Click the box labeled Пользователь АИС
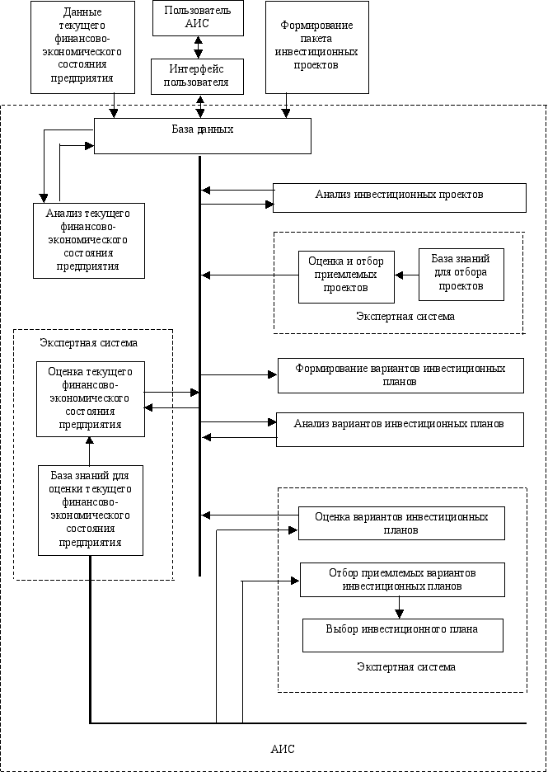[x=198, y=18]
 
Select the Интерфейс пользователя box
[x=198, y=77]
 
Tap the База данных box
[x=202, y=135]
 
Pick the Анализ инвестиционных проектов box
[x=399, y=197]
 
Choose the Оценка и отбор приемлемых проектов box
[x=346, y=276]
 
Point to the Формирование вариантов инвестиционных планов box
[x=400, y=375]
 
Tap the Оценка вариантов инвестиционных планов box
[x=401, y=523]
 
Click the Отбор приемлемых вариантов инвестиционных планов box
[x=402, y=579]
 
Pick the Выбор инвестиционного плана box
[x=402, y=634]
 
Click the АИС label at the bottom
[x=283, y=750]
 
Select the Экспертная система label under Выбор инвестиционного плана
[x=409, y=667]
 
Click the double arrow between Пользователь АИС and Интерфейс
[x=199, y=47]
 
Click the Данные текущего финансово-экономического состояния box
[x=82, y=46]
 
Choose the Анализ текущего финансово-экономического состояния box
[x=88, y=240]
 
